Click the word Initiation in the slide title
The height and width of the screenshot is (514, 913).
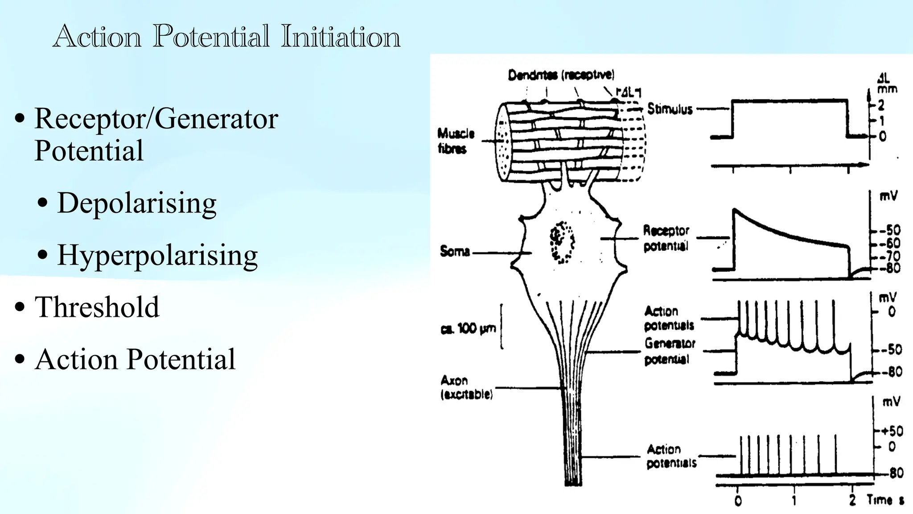(x=341, y=37)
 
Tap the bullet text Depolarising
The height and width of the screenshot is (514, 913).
(x=136, y=203)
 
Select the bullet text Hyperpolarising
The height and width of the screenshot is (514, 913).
(x=157, y=255)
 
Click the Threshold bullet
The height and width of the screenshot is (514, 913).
(x=97, y=307)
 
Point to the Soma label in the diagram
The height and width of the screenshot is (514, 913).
(x=455, y=251)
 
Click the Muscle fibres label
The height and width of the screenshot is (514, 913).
(x=456, y=141)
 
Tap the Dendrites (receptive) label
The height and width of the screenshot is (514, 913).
(x=561, y=75)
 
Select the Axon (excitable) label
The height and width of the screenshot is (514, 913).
(x=466, y=387)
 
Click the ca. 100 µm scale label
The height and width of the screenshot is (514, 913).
(x=468, y=329)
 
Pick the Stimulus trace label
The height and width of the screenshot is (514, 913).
(x=670, y=109)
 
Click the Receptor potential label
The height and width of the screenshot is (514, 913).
(x=666, y=238)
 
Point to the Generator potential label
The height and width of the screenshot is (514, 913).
(x=670, y=351)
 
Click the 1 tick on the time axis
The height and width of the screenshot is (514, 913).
(x=794, y=501)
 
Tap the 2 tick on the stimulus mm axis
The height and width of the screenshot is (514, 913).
(x=881, y=105)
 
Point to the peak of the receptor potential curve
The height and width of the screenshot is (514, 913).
(x=734, y=209)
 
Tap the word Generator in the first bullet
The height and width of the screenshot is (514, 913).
(x=216, y=119)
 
